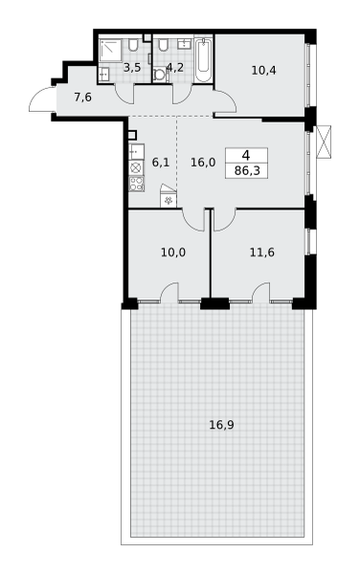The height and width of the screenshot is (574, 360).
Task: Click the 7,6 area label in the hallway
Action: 82,98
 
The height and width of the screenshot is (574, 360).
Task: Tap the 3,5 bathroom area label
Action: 132,67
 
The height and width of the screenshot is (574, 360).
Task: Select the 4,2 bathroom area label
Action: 175,67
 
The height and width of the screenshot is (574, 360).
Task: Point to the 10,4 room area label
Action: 263,70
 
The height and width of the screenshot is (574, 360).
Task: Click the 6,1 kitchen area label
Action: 161,163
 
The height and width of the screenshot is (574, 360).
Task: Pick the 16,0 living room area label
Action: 203,163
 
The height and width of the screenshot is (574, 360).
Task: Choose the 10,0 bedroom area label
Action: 173,253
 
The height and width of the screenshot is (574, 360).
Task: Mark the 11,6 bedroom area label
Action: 262,253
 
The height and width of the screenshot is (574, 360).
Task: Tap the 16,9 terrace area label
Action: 221,425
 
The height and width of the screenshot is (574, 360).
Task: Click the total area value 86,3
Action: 247,170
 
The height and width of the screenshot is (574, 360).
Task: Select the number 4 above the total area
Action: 246,155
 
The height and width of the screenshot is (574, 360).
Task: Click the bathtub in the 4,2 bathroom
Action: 203,60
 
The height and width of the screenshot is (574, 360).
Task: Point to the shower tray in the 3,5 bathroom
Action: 110,50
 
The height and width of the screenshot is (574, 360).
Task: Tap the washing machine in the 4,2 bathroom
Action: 160,75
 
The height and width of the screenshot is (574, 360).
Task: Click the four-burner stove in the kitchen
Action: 137,184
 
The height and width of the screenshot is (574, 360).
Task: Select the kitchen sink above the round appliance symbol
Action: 136,152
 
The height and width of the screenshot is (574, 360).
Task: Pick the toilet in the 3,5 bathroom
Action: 133,45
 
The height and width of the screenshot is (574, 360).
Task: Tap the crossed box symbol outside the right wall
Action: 324,142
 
